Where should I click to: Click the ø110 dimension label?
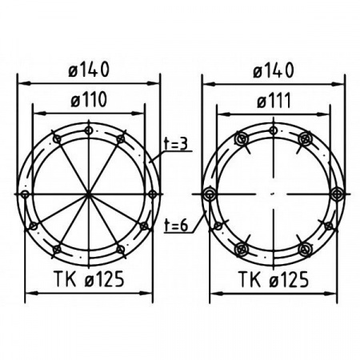coord(89,100)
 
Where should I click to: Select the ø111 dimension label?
coord(274,102)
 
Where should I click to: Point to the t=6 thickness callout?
coord(176,226)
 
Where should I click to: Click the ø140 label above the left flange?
coord(89,70)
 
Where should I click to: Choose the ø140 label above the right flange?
coord(274,70)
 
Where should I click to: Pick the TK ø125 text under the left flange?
coord(89,279)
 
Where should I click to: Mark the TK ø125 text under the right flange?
coord(274,279)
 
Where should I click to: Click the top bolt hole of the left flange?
coord(89,130)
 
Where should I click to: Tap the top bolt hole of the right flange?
coord(274,130)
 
